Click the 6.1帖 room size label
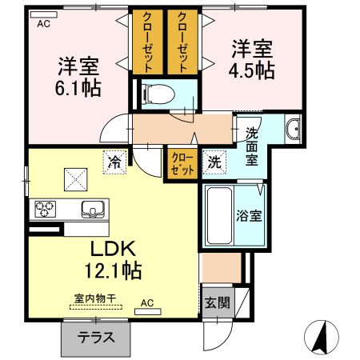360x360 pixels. [78, 87]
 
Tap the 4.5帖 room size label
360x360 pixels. [253, 70]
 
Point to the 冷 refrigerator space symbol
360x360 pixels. [114, 161]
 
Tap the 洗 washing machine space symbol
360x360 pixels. [215, 160]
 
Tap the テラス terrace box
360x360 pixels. [95, 337]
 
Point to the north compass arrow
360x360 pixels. [320, 337]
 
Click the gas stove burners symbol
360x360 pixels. [45, 210]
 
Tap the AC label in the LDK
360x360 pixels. [146, 303]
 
